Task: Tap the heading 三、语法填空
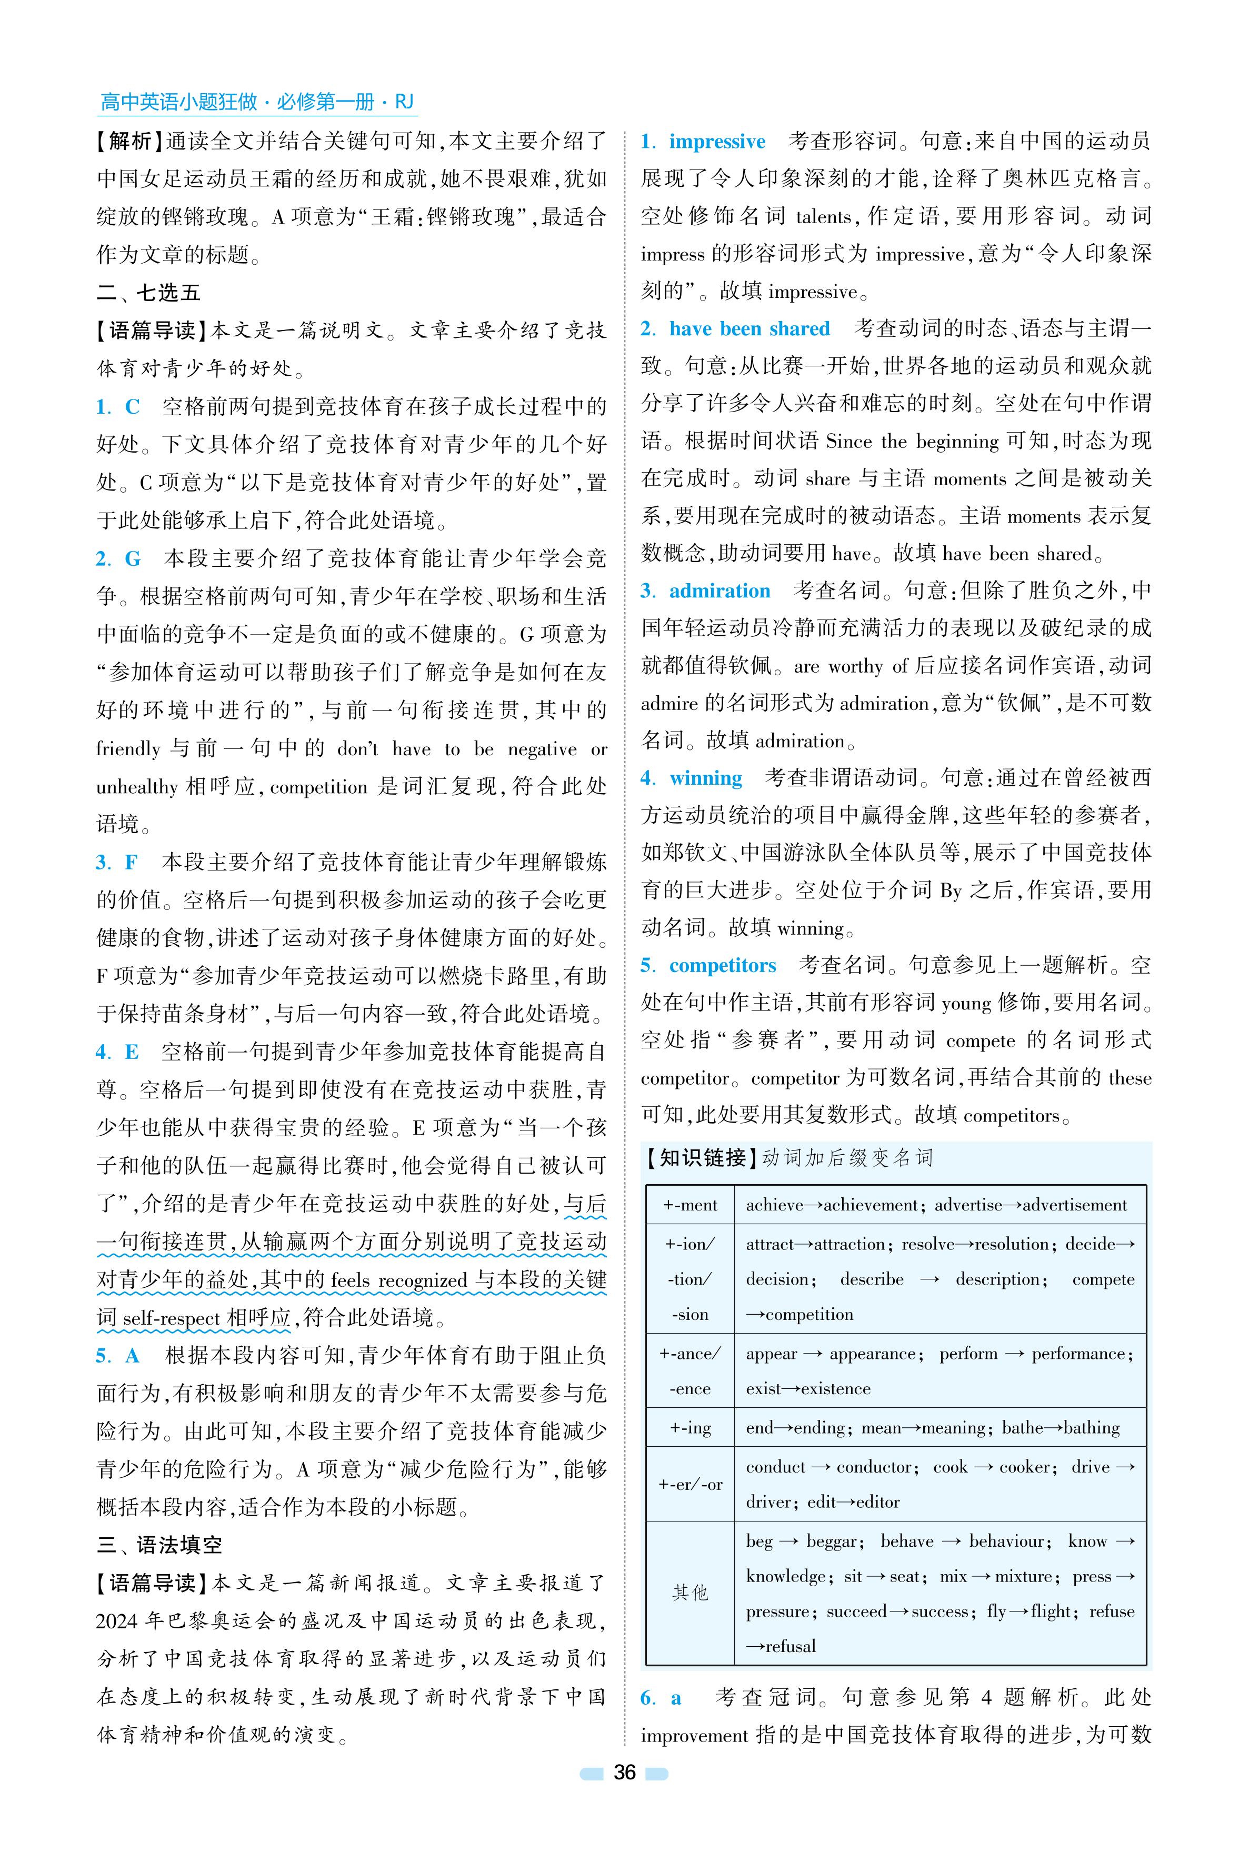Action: click(x=159, y=1545)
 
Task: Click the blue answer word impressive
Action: click(x=717, y=142)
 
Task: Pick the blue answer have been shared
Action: click(x=749, y=329)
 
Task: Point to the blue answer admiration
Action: click(x=720, y=591)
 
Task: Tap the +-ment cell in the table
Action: click(x=690, y=1205)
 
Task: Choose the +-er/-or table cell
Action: click(x=690, y=1484)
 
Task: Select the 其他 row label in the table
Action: click(x=690, y=1593)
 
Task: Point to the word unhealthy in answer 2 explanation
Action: click(x=137, y=787)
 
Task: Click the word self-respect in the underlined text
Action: click(x=171, y=1318)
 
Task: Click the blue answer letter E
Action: click(x=132, y=1052)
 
